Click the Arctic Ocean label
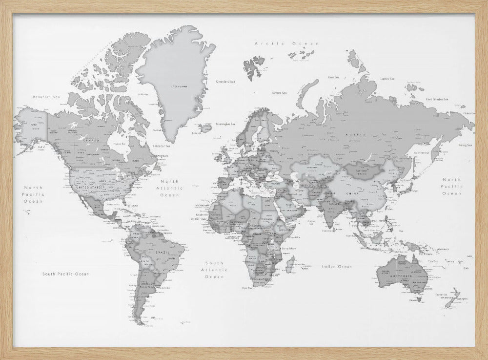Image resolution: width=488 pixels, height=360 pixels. point(287,43)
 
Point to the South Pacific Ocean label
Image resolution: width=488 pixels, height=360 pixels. point(65,274)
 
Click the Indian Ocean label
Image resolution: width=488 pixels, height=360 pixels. point(337,267)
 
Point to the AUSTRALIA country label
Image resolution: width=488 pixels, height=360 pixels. point(404,276)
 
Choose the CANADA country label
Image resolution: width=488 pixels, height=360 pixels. point(91,141)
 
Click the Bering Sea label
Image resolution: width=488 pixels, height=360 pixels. point(465,145)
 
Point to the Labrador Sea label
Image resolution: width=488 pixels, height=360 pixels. point(162,146)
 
